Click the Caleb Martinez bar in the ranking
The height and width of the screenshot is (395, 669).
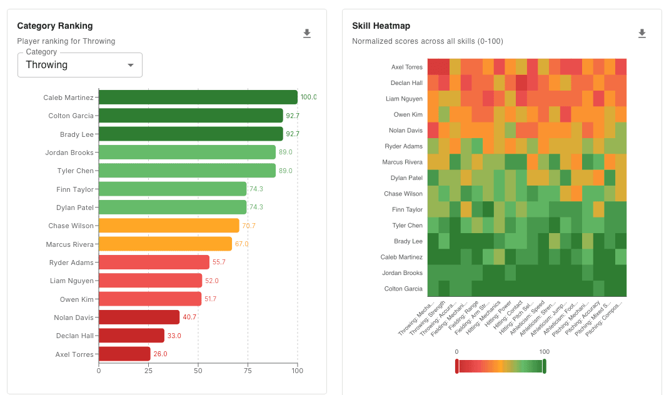(198, 97)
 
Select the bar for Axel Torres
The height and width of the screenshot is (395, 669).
(124, 354)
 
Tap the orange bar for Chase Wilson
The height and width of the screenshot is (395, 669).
(169, 226)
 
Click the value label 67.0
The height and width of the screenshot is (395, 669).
(241, 244)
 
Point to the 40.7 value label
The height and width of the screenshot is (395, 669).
(188, 317)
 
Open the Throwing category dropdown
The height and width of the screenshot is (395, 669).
(80, 65)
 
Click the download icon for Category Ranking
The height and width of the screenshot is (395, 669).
(307, 34)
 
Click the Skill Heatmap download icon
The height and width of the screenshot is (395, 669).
(641, 34)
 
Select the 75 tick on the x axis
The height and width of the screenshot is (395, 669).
(248, 371)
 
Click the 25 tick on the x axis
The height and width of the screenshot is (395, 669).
(148, 371)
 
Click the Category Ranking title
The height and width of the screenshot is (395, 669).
(55, 26)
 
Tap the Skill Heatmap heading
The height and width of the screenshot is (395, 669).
(381, 26)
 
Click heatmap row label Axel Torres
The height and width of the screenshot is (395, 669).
(406, 67)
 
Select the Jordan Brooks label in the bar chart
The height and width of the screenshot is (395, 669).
(69, 152)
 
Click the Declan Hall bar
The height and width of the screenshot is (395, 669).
(131, 336)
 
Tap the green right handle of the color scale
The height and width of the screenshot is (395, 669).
(544, 366)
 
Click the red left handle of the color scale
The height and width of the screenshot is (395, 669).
(457, 366)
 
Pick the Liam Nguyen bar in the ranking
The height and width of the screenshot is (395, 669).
(150, 281)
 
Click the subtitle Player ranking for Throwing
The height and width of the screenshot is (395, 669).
(66, 41)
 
